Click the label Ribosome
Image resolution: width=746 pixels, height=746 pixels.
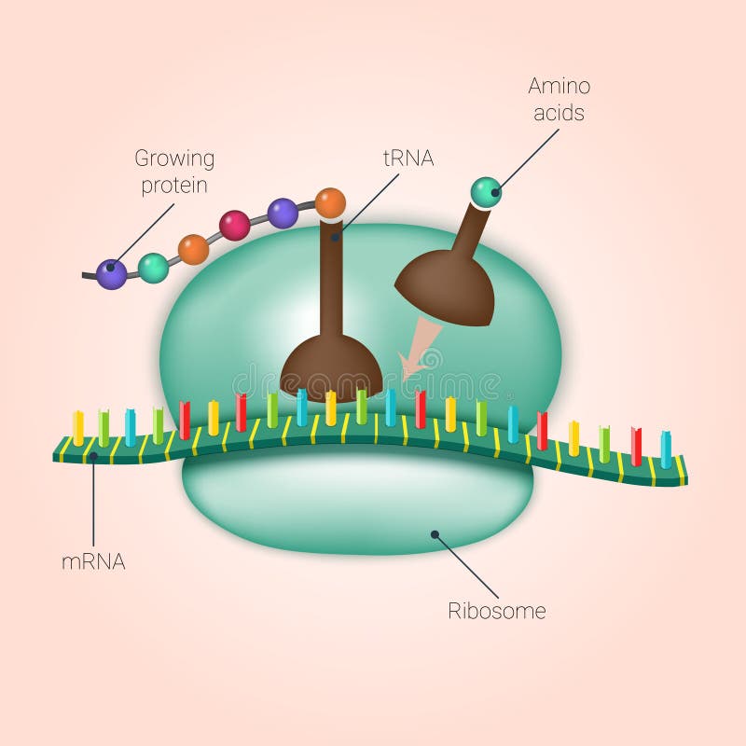coord(497,612)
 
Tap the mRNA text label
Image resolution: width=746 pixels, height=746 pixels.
coord(93,561)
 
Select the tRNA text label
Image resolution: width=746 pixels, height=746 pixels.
coord(408,158)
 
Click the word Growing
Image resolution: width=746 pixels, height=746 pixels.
coord(174,159)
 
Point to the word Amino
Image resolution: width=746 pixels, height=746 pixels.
coord(559,87)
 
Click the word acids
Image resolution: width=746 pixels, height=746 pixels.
coord(559,114)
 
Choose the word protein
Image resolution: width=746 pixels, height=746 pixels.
coord(174,186)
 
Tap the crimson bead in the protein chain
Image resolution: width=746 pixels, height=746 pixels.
coord(234,225)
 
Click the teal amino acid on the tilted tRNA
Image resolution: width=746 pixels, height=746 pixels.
coord(486,192)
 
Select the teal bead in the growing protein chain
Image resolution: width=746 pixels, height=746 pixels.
coord(153,268)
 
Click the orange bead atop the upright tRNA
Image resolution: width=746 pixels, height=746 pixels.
coord(330,202)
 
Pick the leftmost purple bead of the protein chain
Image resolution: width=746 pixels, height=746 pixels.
coord(112,274)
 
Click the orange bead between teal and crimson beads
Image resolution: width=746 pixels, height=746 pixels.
coord(193,249)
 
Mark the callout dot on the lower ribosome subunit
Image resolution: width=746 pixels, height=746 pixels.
coord(434,534)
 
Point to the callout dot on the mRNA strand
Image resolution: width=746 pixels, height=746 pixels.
coord(93,455)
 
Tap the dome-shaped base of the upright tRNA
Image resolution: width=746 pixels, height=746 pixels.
coord(331,366)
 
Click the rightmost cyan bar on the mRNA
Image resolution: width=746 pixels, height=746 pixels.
coord(666,449)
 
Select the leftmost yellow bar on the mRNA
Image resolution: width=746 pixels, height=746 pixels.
coord(78,427)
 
